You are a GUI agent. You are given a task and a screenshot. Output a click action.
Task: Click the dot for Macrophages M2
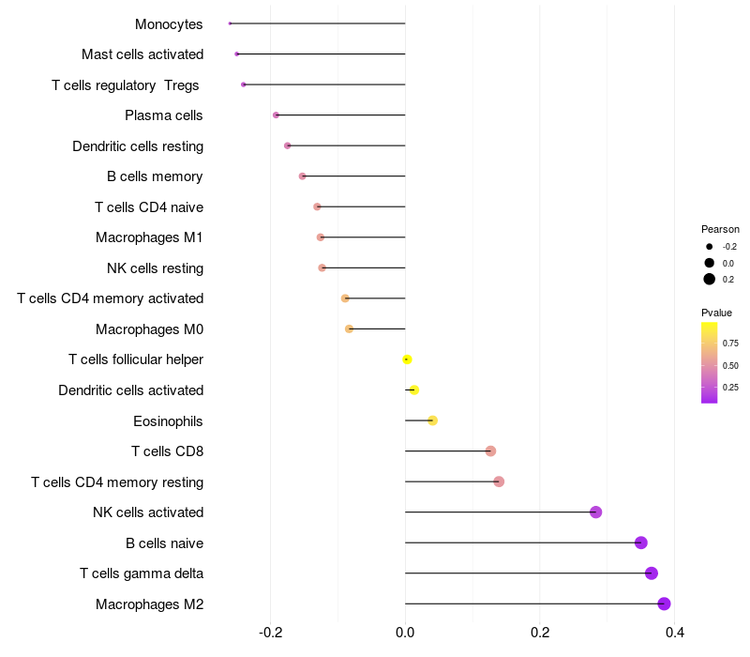[664, 604]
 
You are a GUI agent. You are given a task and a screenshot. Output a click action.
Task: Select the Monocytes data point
[230, 23]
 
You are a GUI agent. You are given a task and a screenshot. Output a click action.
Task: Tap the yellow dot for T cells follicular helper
[407, 359]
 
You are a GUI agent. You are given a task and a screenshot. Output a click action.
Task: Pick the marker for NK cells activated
[595, 512]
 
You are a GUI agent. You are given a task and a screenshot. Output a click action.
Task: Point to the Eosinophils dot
[432, 420]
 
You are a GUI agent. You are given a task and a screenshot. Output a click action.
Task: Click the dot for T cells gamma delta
[652, 573]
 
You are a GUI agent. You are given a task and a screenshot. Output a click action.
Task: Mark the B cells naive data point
[641, 542]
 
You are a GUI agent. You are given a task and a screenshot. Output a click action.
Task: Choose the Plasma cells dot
[276, 115]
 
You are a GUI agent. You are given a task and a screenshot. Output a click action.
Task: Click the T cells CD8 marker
[490, 451]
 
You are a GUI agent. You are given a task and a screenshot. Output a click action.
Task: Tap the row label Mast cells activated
[142, 54]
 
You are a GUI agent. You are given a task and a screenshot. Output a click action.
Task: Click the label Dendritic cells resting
[138, 146]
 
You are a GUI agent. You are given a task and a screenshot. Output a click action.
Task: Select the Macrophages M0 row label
[149, 329]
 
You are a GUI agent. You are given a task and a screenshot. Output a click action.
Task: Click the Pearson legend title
[720, 229]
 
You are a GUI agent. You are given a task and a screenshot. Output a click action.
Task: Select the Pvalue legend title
[716, 313]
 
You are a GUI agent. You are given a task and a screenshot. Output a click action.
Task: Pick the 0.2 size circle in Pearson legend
[710, 279]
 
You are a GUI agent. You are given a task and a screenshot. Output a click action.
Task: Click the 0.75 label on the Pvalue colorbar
[730, 344]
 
